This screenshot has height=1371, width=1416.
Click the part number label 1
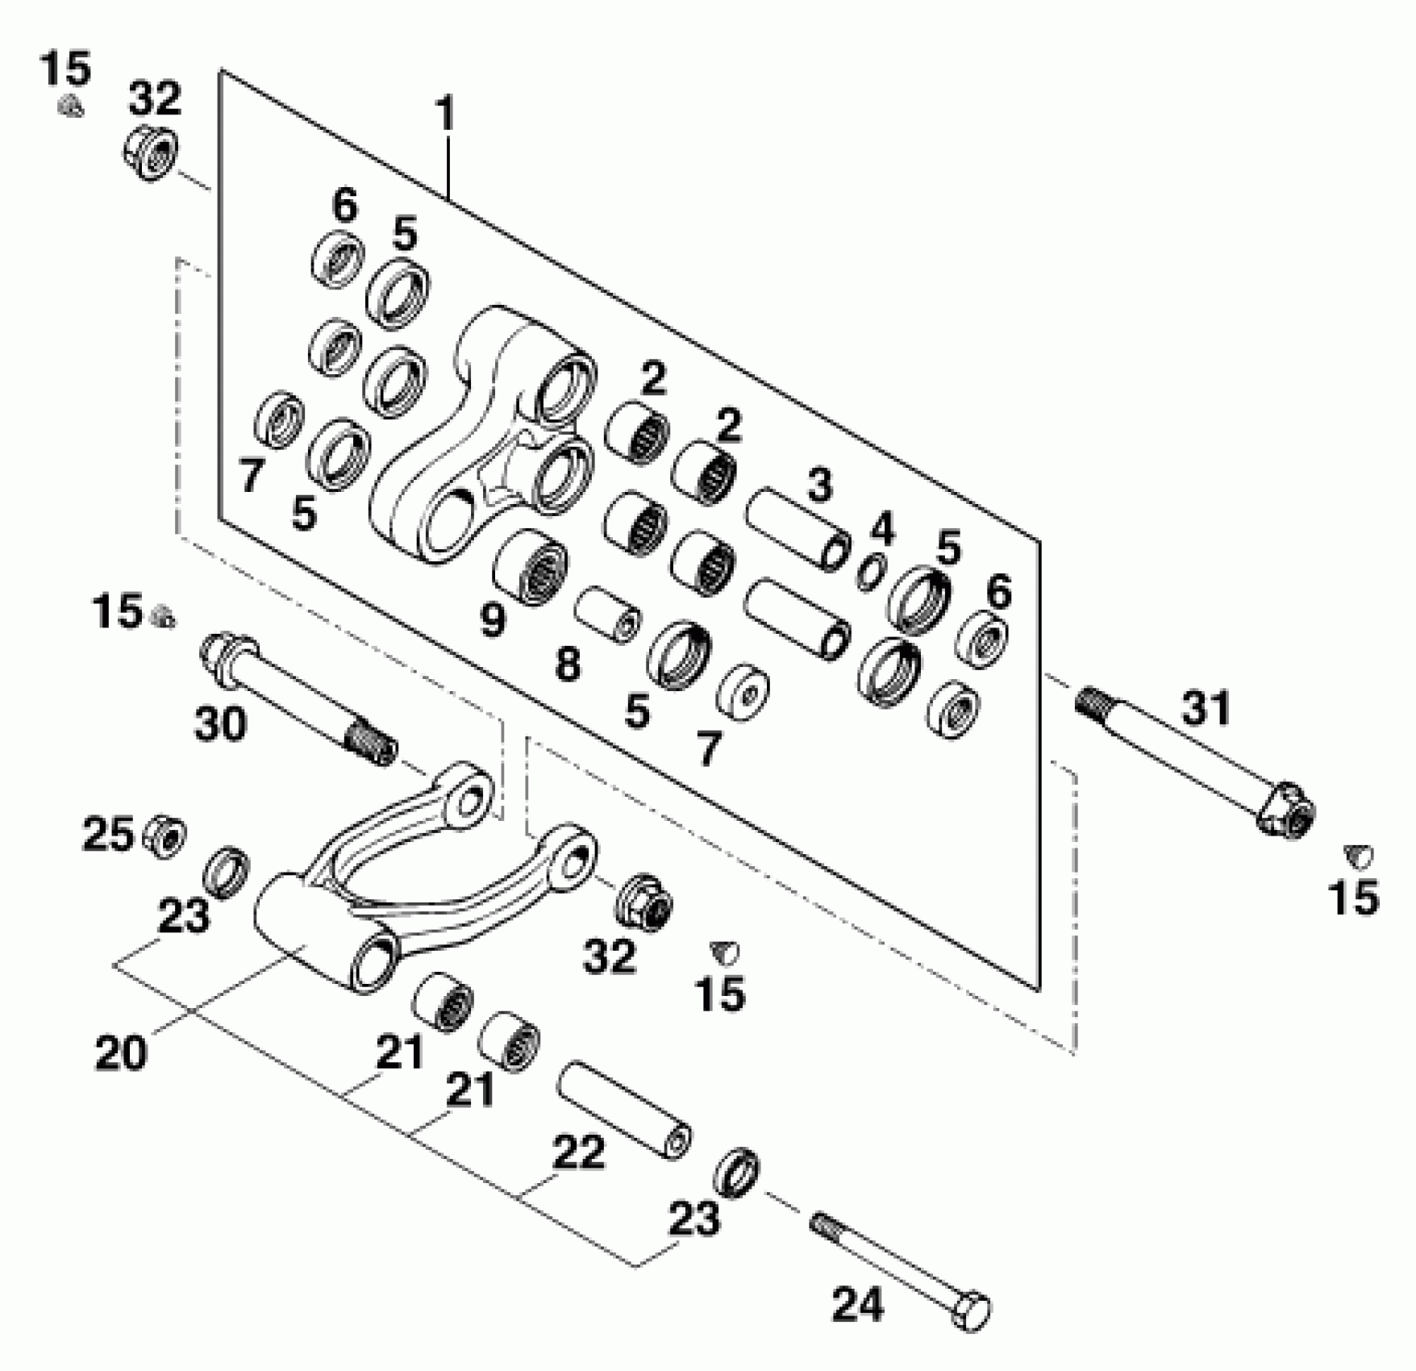coord(444,115)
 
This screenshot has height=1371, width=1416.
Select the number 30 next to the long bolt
coord(220,723)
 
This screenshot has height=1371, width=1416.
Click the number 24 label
coord(857,1304)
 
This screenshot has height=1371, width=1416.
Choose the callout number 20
coord(121,1052)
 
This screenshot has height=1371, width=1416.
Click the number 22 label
coord(578,1152)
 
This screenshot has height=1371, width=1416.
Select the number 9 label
coord(492,619)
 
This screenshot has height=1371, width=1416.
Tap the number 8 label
coord(567,665)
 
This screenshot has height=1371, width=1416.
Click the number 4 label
coord(882,530)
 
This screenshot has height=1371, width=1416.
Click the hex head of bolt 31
coord(1288,809)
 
